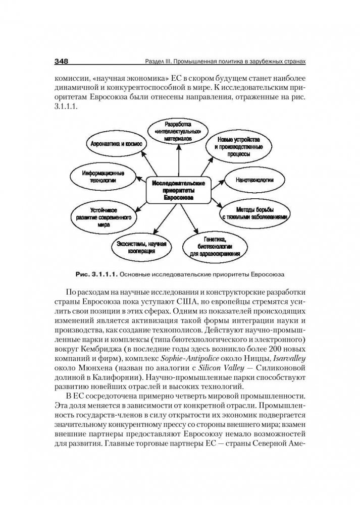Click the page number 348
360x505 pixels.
pos(61,61)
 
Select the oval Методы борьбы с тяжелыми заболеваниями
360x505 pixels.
pos(255,212)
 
